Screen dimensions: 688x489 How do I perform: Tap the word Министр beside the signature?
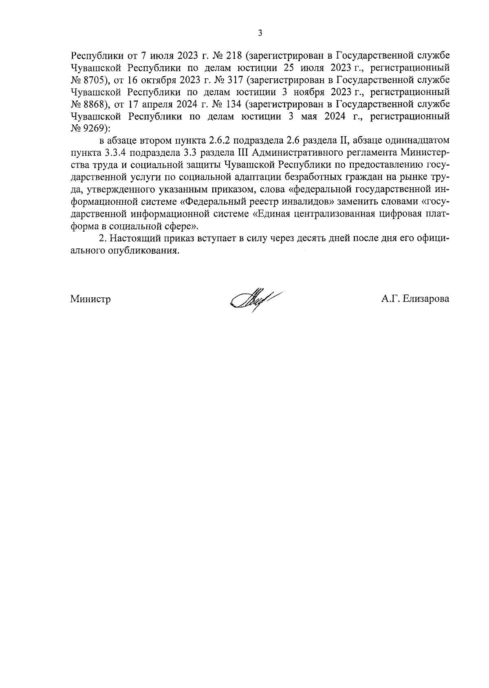click(91, 299)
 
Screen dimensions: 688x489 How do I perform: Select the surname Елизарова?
click(425, 299)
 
